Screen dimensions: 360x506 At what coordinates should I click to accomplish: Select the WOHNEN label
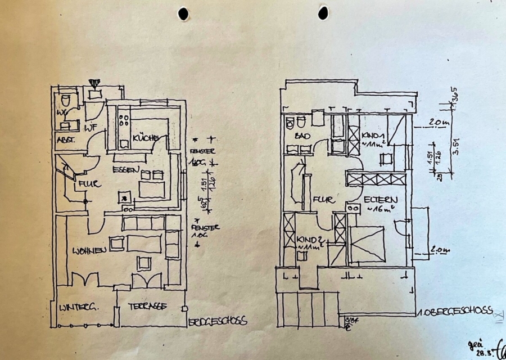88,250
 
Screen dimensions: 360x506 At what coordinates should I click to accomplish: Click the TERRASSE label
146,307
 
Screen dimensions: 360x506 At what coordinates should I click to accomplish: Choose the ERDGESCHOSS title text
217,321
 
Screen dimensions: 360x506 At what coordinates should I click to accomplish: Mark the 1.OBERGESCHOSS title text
455,310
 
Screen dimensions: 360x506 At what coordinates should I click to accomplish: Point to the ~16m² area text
378,210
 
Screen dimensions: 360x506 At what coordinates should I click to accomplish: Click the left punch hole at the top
183,13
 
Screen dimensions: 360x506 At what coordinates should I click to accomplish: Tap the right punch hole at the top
323,12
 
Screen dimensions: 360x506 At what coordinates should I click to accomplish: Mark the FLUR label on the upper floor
325,199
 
